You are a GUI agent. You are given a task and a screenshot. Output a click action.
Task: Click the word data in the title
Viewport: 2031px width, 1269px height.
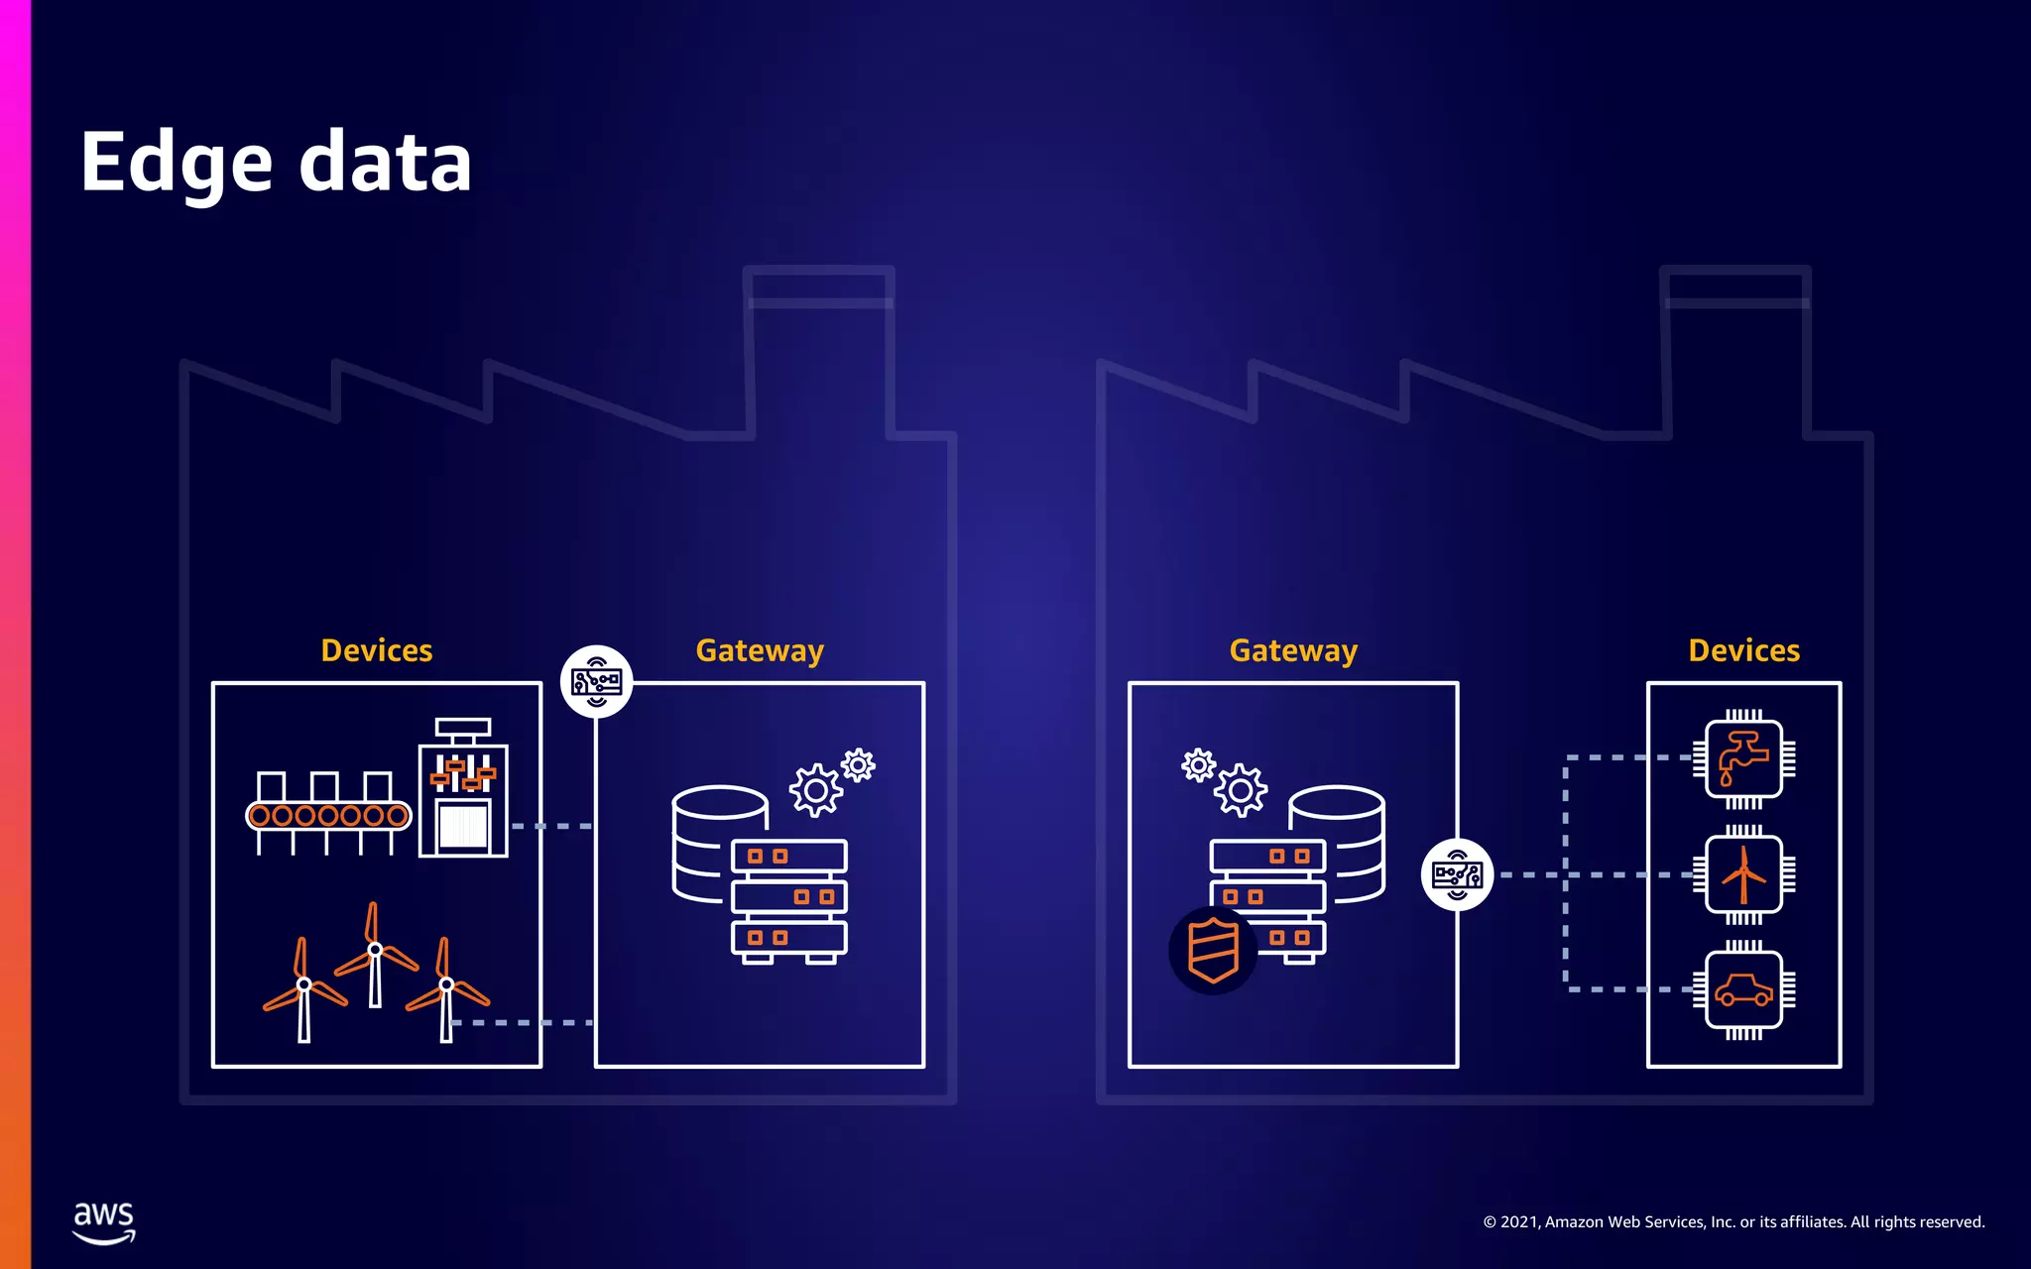(x=385, y=164)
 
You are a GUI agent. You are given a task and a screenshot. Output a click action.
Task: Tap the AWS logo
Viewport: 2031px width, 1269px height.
(x=104, y=1222)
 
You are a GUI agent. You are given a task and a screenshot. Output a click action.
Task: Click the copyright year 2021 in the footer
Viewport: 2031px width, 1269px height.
(x=1520, y=1222)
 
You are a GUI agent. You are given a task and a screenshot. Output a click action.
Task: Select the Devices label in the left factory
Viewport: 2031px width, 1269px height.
(x=377, y=650)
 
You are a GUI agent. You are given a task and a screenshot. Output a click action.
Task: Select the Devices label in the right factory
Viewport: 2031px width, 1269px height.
(x=1743, y=650)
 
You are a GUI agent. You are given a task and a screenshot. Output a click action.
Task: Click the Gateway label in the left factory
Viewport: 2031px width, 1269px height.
(x=760, y=650)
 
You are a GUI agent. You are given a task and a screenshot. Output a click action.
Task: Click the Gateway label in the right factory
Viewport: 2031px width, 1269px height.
(x=1293, y=650)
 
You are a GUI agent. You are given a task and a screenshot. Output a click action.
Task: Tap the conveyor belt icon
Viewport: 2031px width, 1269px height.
(x=328, y=813)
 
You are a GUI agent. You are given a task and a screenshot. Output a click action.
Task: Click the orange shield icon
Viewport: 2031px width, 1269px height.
(x=1213, y=950)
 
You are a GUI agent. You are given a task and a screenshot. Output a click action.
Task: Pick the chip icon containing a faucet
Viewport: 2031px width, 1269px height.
(x=1743, y=759)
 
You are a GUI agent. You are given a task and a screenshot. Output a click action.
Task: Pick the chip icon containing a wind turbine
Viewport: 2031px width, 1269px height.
(x=1743, y=874)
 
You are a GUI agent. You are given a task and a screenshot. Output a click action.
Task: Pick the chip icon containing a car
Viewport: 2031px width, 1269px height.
(x=1743, y=989)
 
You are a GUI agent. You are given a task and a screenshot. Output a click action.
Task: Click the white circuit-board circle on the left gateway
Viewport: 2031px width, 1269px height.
(x=596, y=682)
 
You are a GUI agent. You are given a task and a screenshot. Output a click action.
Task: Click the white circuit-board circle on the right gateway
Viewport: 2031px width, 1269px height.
(x=1457, y=874)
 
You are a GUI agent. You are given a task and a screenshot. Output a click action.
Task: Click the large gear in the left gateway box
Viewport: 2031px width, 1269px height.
(x=816, y=790)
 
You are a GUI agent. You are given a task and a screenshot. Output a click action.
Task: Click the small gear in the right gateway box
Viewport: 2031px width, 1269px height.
(x=1198, y=764)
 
